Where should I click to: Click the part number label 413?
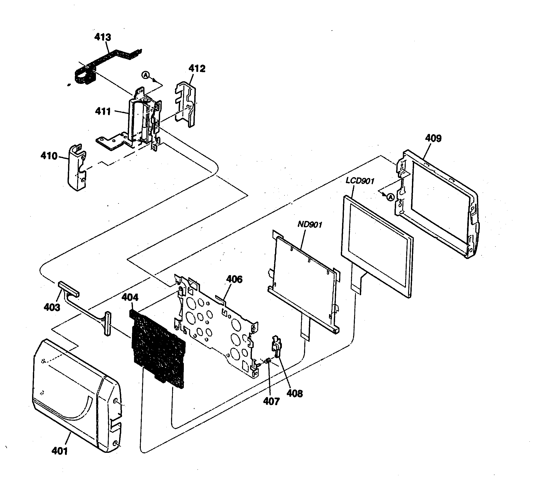(x=103, y=37)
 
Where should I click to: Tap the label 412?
(x=197, y=69)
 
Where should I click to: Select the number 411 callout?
(x=103, y=111)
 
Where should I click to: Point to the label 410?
(x=49, y=156)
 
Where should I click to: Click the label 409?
(x=433, y=138)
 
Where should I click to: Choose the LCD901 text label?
(x=360, y=181)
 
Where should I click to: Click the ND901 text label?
(x=310, y=225)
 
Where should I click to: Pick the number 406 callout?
(x=234, y=279)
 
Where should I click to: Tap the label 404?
(x=130, y=298)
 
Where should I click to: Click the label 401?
(x=60, y=451)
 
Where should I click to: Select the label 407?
(x=271, y=401)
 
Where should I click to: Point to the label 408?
(x=295, y=394)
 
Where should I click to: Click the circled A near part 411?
(x=145, y=75)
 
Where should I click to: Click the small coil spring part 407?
(x=268, y=360)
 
